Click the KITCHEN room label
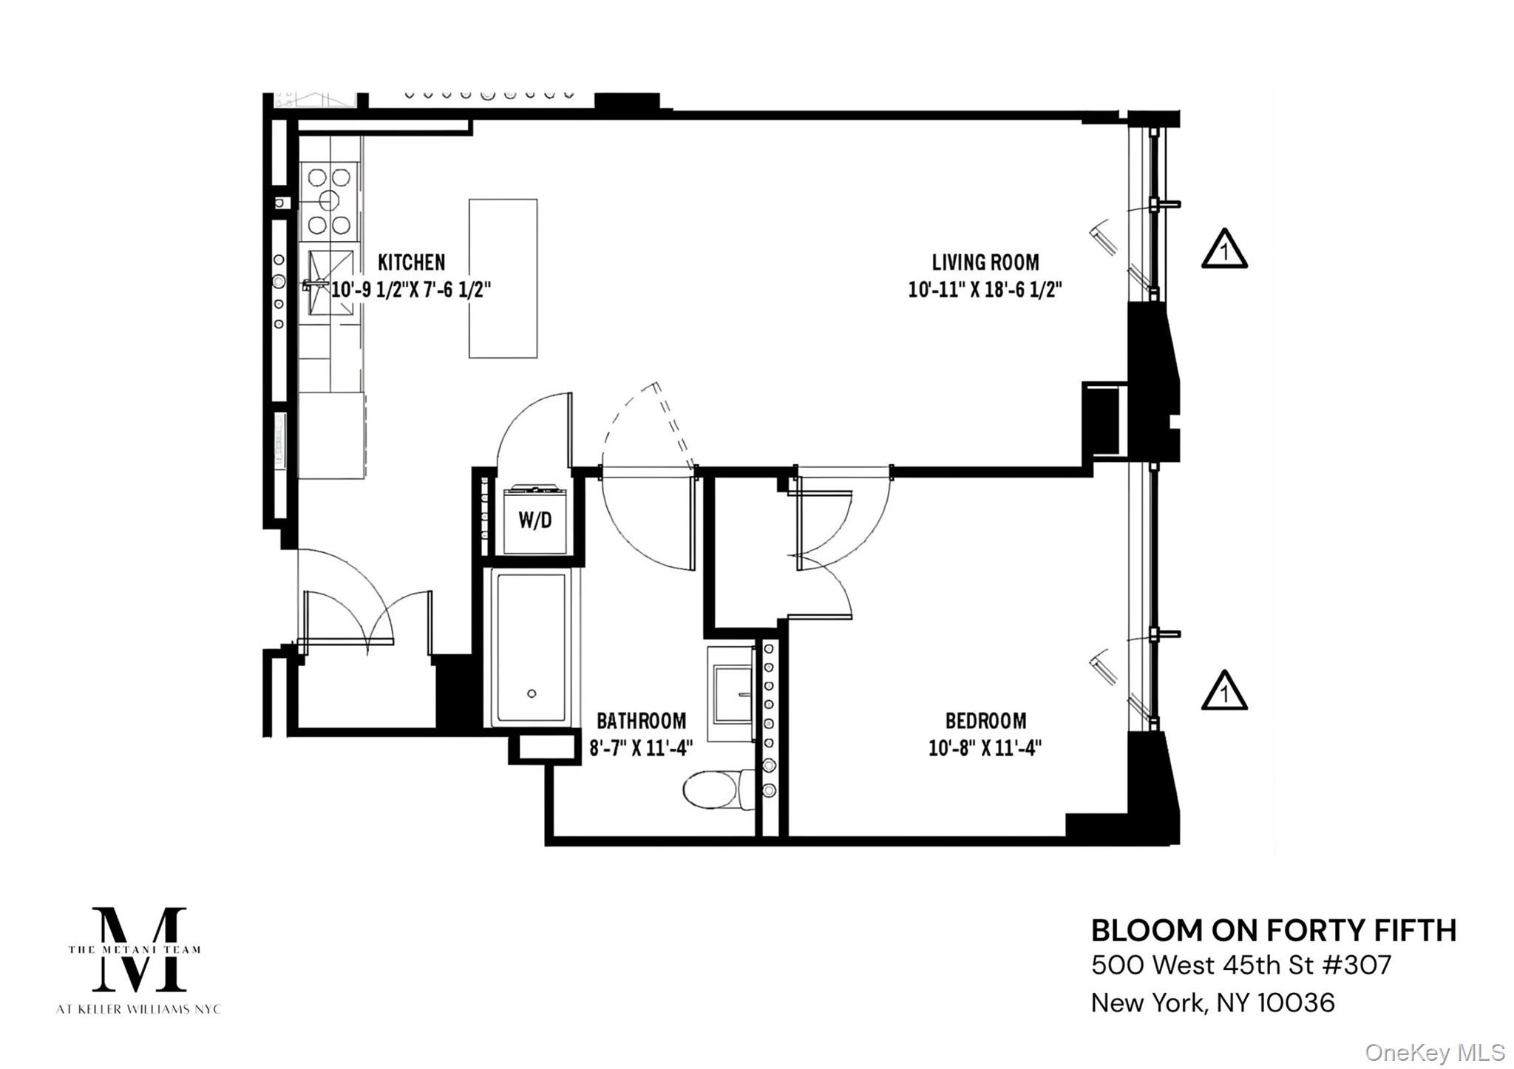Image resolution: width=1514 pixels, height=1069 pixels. [411, 262]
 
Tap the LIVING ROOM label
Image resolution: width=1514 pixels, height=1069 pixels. [985, 262]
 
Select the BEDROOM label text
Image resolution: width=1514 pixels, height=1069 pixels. [985, 721]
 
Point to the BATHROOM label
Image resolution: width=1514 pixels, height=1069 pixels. [641, 721]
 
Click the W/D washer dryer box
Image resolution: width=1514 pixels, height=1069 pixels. [535, 520]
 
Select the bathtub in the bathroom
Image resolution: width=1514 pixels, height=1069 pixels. [532, 648]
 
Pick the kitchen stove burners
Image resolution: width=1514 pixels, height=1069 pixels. [329, 200]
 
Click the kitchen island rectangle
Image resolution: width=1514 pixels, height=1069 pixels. [503, 279]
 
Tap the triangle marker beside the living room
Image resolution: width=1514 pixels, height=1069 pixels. [1224, 248]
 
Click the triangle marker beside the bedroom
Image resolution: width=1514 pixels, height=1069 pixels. [1224, 690]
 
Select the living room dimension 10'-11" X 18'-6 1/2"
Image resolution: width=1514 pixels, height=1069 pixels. [985, 289]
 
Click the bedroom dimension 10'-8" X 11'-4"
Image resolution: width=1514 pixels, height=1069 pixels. [985, 748]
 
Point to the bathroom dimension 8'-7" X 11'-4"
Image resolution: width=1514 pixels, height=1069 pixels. [641, 748]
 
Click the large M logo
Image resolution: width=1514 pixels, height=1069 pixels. [138, 949]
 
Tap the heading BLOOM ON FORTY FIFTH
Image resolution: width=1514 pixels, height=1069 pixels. [1274, 931]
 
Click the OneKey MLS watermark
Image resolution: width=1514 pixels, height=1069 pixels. [1435, 1052]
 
